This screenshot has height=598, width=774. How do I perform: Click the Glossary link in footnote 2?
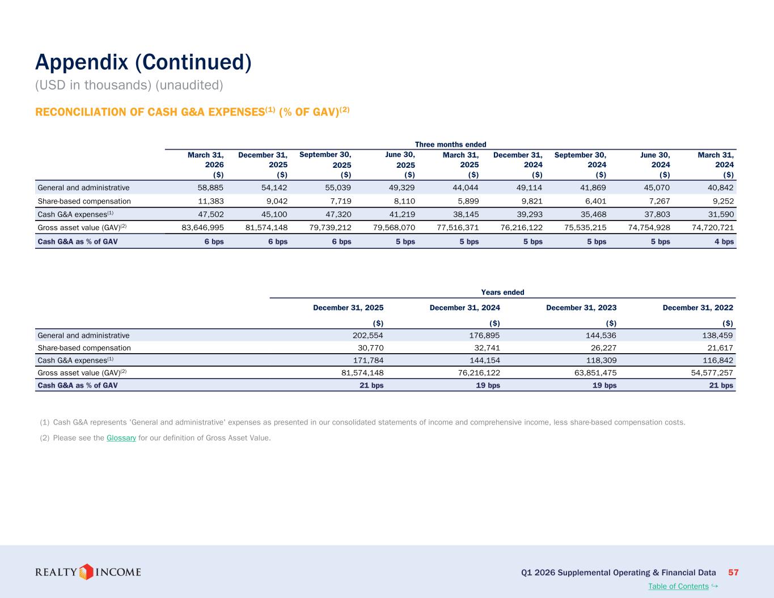pyautogui.click(x=121, y=438)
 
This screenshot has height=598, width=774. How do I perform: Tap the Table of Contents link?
pyautogui.click(x=678, y=586)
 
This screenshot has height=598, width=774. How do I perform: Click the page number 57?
pyautogui.click(x=733, y=572)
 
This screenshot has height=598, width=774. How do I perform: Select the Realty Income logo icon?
pyautogui.click(x=86, y=572)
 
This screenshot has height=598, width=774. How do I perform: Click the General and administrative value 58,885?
pyautogui.click(x=210, y=188)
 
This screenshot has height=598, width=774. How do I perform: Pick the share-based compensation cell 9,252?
pyautogui.click(x=723, y=201)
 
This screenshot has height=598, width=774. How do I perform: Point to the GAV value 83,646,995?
pyautogui.click(x=202, y=227)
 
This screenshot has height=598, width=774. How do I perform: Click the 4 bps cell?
pyautogui.click(x=724, y=241)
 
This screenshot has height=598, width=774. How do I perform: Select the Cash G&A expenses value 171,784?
pyautogui.click(x=369, y=361)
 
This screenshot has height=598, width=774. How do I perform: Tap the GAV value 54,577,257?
pyautogui.click(x=712, y=372)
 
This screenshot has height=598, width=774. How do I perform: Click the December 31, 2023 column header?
pyautogui.click(x=581, y=308)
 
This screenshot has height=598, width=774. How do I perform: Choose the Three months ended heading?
pyautogui.click(x=451, y=144)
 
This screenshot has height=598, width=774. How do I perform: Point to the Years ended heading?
pyautogui.click(x=502, y=292)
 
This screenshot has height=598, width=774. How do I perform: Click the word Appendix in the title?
pyautogui.click(x=82, y=63)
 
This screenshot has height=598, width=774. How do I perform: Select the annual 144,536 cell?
pyautogui.click(x=601, y=336)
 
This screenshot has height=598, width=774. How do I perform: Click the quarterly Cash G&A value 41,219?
pyautogui.click(x=402, y=214)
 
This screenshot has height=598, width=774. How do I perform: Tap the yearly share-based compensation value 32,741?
pyautogui.click(x=487, y=348)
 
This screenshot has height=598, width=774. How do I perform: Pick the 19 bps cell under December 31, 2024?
pyautogui.click(x=488, y=385)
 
